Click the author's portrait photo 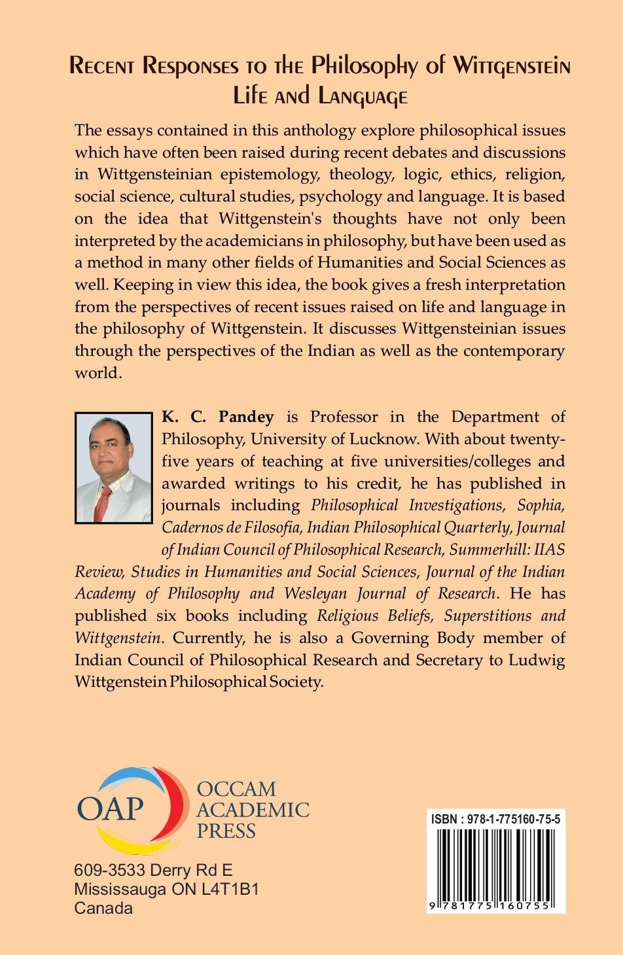coord(114,468)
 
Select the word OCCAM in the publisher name coord(236,789)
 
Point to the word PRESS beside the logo coord(226,831)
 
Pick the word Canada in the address coord(103,908)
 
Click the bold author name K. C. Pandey coord(217,417)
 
